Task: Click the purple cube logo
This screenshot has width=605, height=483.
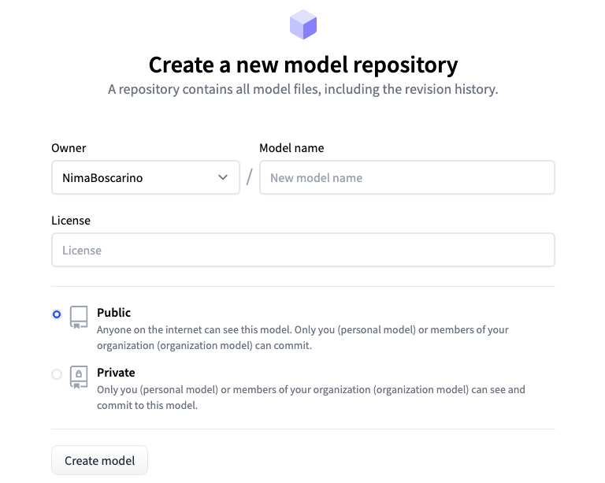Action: pyautogui.click(x=303, y=24)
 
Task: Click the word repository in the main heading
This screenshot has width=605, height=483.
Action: pyautogui.click(x=406, y=65)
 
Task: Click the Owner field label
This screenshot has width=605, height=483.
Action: pyautogui.click(x=69, y=148)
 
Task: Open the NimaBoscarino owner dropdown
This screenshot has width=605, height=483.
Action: pyautogui.click(x=146, y=177)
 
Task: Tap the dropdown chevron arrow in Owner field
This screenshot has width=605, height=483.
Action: pyautogui.click(x=223, y=177)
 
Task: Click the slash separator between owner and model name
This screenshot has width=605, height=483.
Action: pyautogui.click(x=250, y=177)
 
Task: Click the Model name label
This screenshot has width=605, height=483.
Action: pyautogui.click(x=291, y=148)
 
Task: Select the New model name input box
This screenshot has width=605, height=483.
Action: pyautogui.click(x=407, y=177)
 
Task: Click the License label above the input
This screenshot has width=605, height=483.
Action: pyautogui.click(x=71, y=221)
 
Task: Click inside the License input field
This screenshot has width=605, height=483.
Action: pyautogui.click(x=303, y=250)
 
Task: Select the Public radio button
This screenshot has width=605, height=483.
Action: pyautogui.click(x=57, y=314)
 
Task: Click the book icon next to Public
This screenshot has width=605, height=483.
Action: pyautogui.click(x=79, y=317)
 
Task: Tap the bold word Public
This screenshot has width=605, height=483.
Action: pyautogui.click(x=113, y=313)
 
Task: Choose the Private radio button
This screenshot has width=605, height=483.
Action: pyautogui.click(x=57, y=374)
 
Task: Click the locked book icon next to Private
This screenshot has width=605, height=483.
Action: pyautogui.click(x=79, y=377)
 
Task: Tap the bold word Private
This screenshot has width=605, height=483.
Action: pyautogui.click(x=116, y=373)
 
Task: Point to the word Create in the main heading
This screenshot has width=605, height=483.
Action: pyautogui.click(x=181, y=65)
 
